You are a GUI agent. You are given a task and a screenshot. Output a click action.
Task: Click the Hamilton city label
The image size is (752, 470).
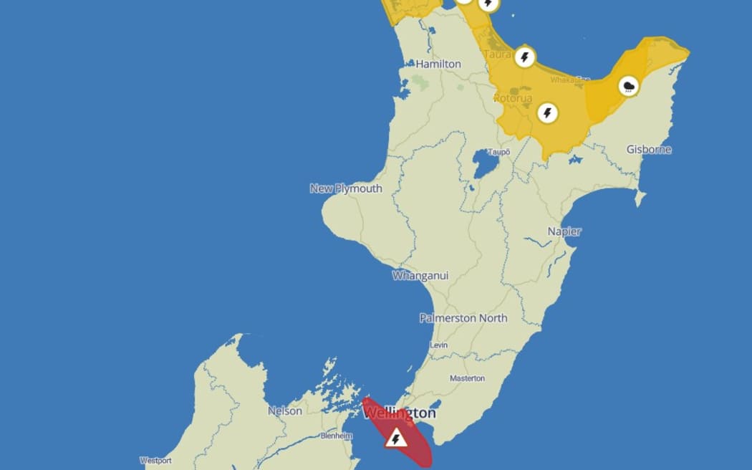point(438,64)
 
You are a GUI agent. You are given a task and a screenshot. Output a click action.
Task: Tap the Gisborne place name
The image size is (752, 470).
point(649,150)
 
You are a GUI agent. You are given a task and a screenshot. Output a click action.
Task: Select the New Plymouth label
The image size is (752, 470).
point(346,188)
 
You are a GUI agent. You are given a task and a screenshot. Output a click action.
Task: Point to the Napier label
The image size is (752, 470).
point(564,231)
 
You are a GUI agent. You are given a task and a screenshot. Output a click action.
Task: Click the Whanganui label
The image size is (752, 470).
point(420,275)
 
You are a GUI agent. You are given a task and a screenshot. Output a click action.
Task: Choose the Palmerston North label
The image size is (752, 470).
point(463,318)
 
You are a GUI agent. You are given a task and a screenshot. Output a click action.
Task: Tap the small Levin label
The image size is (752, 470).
point(439,345)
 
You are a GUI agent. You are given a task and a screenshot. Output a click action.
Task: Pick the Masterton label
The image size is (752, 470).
point(467,378)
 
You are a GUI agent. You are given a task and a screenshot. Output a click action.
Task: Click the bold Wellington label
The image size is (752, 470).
point(399,413)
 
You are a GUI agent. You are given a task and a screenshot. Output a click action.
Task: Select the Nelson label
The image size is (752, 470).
point(285,411)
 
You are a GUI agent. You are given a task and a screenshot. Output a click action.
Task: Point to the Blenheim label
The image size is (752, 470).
point(336,436)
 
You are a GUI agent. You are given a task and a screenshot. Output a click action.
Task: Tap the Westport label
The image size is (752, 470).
point(155,461)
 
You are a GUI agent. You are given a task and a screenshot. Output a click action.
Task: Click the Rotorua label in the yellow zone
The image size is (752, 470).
point(513,97)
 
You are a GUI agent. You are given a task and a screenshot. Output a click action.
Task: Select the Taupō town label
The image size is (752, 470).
point(498,152)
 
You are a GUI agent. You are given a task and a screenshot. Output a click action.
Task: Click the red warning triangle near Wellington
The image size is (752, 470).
point(396,438)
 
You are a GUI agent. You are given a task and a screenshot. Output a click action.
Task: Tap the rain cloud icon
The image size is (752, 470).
point(629,87)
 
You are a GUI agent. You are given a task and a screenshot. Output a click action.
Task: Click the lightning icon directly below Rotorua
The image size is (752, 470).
point(548,112)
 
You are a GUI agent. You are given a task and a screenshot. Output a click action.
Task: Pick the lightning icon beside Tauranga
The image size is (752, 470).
point(525,56)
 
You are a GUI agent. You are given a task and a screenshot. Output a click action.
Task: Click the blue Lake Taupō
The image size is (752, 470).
point(485,166)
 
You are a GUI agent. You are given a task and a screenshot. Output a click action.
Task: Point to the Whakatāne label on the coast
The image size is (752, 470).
point(570,80)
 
